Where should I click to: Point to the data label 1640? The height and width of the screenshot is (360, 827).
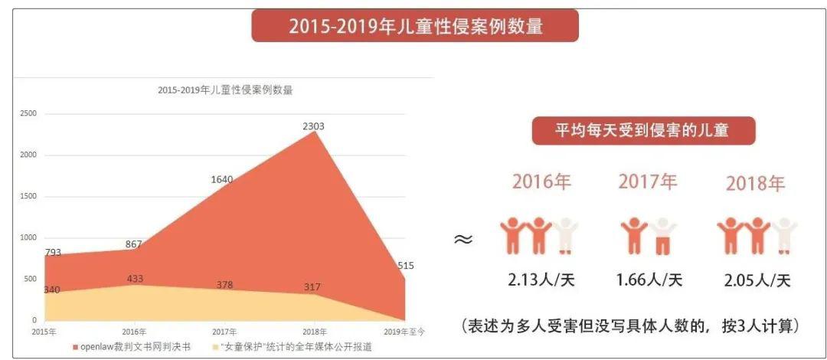pyautogui.click(x=222, y=179)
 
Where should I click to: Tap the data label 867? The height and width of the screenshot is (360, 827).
pyautogui.click(x=134, y=244)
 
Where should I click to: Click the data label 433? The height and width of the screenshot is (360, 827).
pyautogui.click(x=135, y=279)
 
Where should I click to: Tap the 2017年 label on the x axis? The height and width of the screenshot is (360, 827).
pyautogui.click(x=224, y=332)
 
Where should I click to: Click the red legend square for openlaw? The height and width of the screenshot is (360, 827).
pyautogui.click(x=75, y=347)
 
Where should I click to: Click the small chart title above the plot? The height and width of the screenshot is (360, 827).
pyautogui.click(x=225, y=90)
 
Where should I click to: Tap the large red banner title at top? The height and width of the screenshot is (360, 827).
pyautogui.click(x=415, y=26)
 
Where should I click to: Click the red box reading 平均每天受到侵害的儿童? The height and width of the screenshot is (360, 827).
pyautogui.click(x=642, y=130)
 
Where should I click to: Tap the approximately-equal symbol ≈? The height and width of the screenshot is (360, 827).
pyautogui.click(x=463, y=239)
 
